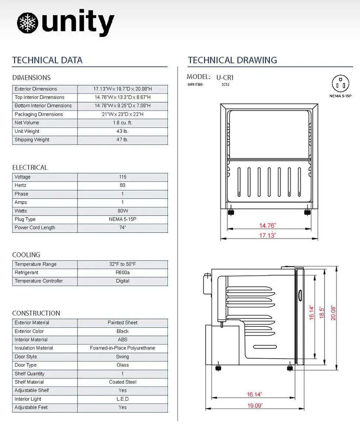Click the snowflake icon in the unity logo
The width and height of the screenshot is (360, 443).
click(27, 23)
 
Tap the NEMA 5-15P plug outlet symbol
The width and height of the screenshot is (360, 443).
click(340, 83)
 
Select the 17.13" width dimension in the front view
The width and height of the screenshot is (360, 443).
click(267, 236)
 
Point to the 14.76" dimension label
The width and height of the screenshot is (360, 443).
click(267, 226)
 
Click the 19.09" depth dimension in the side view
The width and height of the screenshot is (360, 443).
click(255, 405)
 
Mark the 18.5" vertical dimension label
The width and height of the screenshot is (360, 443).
click(321, 312)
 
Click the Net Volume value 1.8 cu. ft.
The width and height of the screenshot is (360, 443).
click(122, 123)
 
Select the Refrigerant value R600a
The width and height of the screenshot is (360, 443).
click(122, 272)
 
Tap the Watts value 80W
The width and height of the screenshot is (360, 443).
click(123, 211)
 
